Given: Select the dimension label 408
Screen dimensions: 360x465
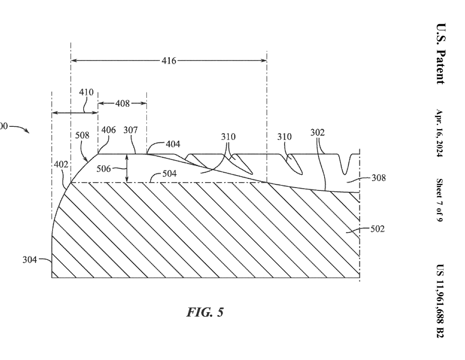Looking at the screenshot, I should coord(122,103).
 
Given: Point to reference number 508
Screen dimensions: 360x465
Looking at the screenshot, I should coord(82,135).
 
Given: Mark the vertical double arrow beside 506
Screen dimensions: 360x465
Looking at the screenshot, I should coord(126,169).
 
